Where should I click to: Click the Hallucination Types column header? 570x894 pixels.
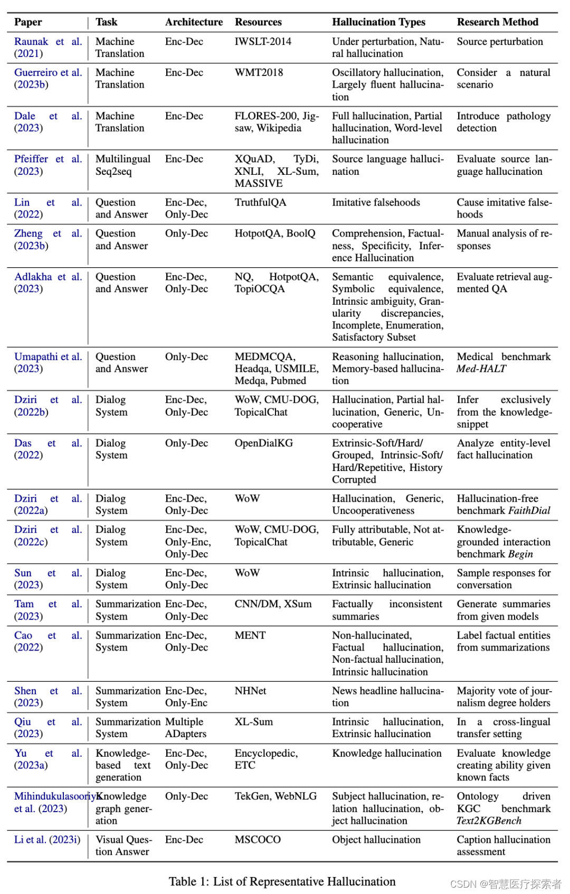click(378, 22)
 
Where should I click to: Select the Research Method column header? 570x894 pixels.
click(497, 22)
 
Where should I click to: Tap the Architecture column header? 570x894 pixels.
click(194, 22)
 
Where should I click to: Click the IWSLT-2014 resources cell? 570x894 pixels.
click(263, 42)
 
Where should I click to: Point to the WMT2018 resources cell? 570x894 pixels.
click(259, 73)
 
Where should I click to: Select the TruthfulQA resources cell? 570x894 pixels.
click(260, 203)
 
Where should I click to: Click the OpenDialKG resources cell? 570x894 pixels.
click(263, 444)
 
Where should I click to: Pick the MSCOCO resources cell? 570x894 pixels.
click(258, 840)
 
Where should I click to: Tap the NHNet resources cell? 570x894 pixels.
click(250, 691)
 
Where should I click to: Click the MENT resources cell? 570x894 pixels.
click(250, 636)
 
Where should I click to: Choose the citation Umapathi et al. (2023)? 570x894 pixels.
click(47, 363)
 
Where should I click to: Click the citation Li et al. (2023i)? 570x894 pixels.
click(47, 840)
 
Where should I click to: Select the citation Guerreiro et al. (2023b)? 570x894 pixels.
click(47, 79)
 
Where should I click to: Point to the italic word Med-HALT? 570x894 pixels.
click(481, 369)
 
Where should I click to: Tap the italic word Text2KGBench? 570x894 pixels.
click(489, 821)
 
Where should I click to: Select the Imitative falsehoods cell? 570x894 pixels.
click(376, 203)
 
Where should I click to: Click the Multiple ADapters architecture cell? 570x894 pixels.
click(185, 728)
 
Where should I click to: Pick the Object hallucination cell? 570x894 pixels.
click(376, 840)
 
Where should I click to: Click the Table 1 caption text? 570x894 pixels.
click(282, 882)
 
